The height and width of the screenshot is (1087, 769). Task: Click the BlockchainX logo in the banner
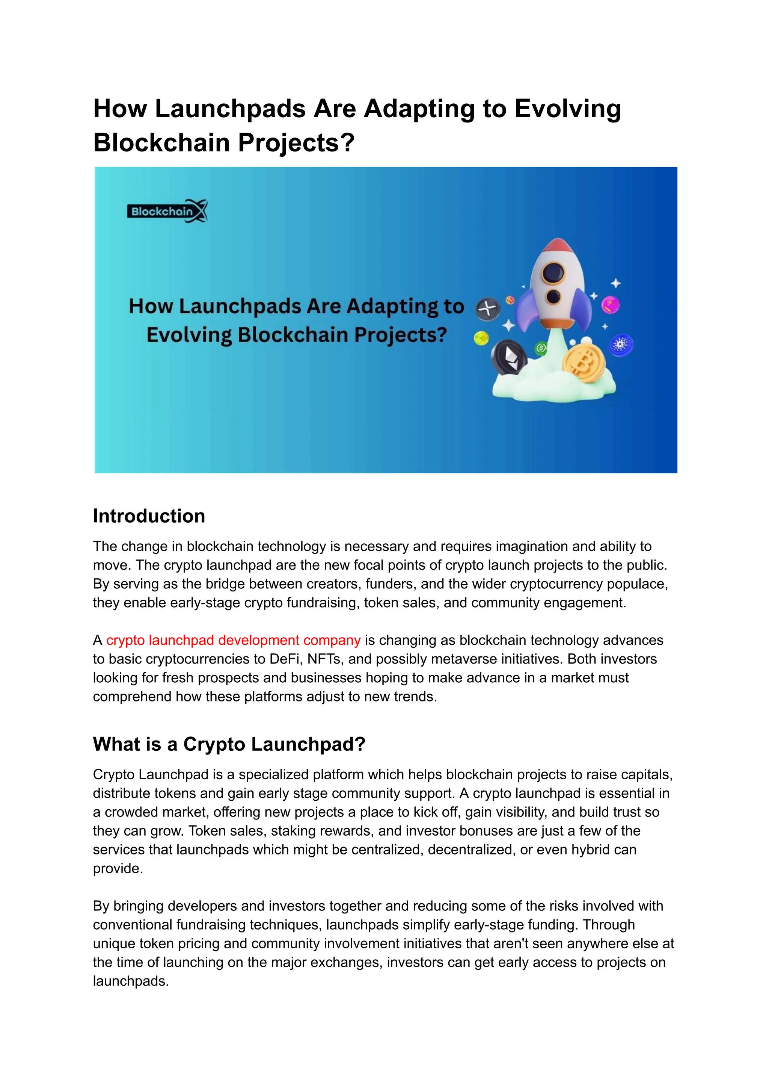(x=167, y=211)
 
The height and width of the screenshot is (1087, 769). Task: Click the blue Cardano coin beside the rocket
(x=620, y=345)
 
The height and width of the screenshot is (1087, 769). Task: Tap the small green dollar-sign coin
(x=541, y=349)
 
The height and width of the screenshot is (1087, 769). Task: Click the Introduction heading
(x=149, y=516)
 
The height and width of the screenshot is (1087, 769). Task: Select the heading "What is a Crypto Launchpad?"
(x=229, y=744)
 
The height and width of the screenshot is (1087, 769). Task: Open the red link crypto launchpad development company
(x=234, y=640)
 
